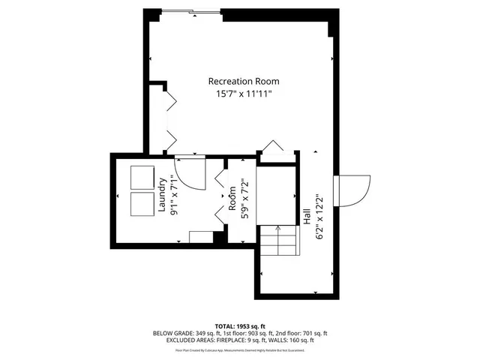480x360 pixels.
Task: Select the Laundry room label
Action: (162, 194)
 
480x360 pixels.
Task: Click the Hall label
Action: (307, 213)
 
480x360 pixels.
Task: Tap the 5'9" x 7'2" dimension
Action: (243, 197)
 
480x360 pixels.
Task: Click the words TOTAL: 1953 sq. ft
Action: (241, 326)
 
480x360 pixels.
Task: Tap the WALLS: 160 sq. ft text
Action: (292, 340)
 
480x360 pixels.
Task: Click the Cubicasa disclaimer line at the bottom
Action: (240, 349)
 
